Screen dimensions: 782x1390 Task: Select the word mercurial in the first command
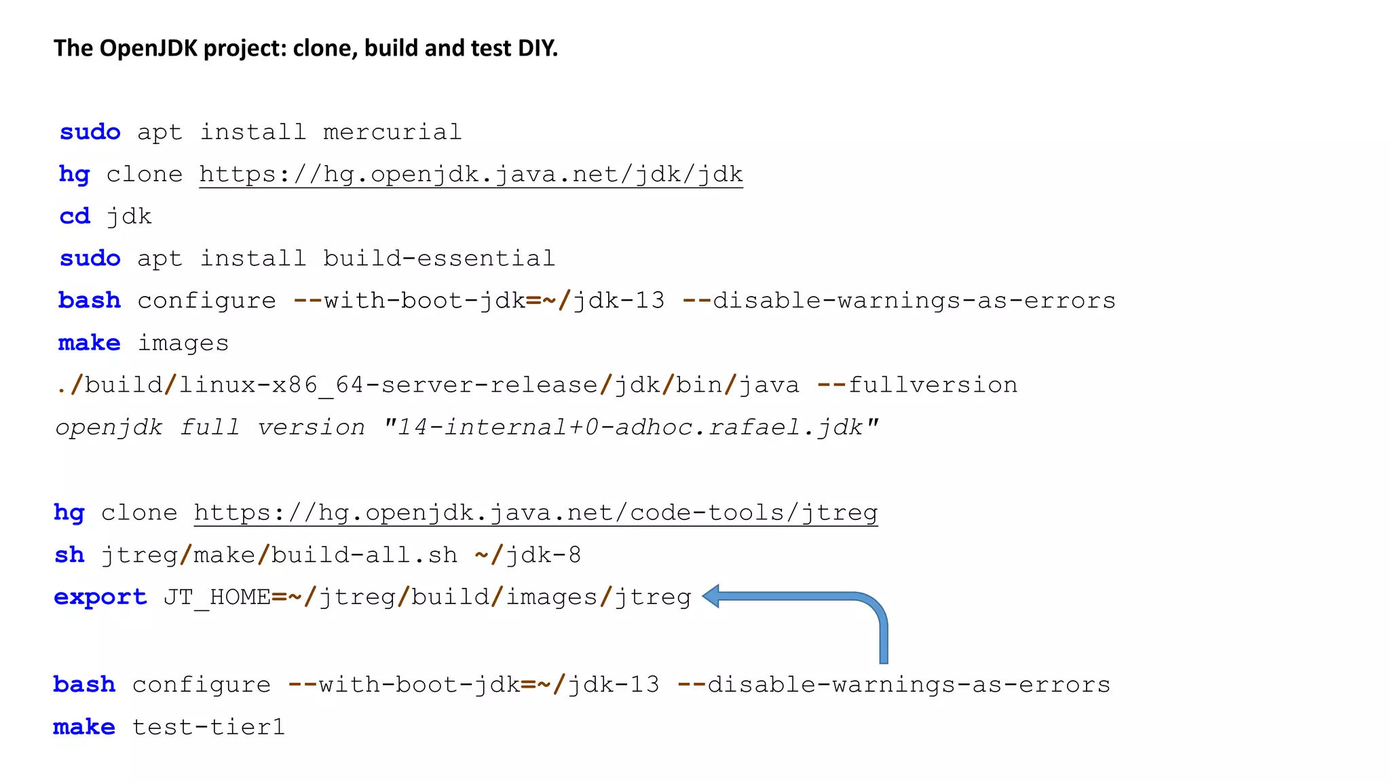pos(392,132)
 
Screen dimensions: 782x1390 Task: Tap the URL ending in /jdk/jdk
pos(471,174)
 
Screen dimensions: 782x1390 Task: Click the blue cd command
pos(75,217)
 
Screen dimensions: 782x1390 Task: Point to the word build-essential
pos(438,259)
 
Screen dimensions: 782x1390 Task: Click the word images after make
pos(183,343)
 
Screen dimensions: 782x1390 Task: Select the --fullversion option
pos(918,386)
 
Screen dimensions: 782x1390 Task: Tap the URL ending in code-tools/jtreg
pos(536,513)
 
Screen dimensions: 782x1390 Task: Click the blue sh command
pos(69,555)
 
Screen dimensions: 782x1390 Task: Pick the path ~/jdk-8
pos(528,555)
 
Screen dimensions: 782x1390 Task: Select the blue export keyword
pos(100,597)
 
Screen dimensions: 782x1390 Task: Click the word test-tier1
pos(208,728)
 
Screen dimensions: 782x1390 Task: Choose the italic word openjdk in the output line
pos(109,428)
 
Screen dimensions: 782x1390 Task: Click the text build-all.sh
pos(364,555)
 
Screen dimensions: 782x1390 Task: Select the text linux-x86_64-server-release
pos(388,386)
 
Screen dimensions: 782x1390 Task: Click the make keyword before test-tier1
pos(84,728)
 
